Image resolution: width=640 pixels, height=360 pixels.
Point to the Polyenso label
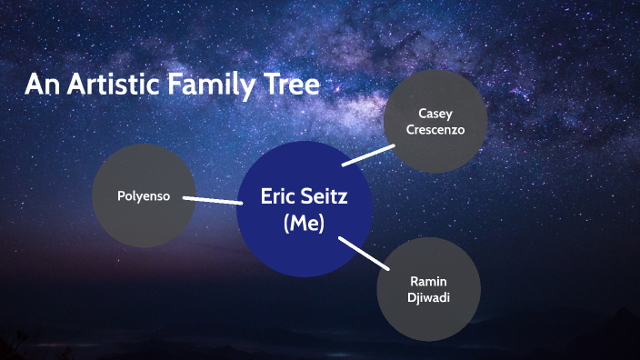coord(144,195)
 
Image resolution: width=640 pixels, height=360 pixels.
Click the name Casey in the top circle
coord(435,114)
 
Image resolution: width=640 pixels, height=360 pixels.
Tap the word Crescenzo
coord(435,130)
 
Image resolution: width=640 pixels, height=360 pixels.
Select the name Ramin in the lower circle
coord(428,282)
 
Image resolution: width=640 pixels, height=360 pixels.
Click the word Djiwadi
coord(428,297)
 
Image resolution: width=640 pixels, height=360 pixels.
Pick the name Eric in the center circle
coord(279,195)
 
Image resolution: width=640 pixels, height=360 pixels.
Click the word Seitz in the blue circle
coord(323,195)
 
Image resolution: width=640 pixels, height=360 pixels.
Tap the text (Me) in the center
coord(304,224)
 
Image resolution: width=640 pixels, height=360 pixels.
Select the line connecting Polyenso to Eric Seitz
coord(212,199)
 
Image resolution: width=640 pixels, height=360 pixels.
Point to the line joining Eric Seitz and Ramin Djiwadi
coord(363,253)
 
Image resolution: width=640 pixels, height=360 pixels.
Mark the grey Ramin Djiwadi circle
coord(428,318)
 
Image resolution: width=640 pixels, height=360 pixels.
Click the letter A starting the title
coord(35,85)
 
